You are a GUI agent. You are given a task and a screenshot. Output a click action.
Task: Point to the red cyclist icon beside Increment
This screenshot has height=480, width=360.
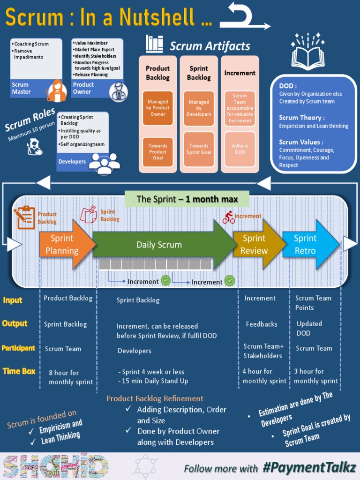(229, 217)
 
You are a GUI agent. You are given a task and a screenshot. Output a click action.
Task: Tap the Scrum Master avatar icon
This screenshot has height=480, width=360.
(56, 90)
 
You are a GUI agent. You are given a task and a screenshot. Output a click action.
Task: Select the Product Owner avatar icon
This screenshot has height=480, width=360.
(118, 91)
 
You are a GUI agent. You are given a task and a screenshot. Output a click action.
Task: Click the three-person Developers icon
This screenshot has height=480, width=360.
(104, 163)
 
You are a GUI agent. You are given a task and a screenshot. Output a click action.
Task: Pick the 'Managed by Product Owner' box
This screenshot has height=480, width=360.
(158, 108)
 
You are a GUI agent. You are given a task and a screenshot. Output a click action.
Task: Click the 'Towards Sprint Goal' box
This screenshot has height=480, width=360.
(199, 149)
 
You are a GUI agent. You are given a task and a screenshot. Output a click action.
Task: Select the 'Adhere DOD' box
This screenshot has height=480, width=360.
(240, 149)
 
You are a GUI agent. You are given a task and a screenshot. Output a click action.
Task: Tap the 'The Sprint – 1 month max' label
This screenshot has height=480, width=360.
(187, 199)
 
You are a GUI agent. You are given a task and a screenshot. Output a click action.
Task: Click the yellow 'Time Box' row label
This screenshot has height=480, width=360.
(19, 371)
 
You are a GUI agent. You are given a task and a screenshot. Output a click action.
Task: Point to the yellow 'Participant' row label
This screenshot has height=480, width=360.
(18, 348)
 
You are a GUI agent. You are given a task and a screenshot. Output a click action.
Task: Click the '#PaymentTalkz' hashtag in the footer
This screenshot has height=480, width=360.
(309, 467)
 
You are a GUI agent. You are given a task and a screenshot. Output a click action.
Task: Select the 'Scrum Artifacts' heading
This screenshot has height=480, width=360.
(210, 46)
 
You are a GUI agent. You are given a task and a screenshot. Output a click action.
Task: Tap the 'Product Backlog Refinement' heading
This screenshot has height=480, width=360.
(155, 398)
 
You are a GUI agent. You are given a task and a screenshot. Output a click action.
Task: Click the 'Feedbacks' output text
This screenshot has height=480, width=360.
(262, 324)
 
